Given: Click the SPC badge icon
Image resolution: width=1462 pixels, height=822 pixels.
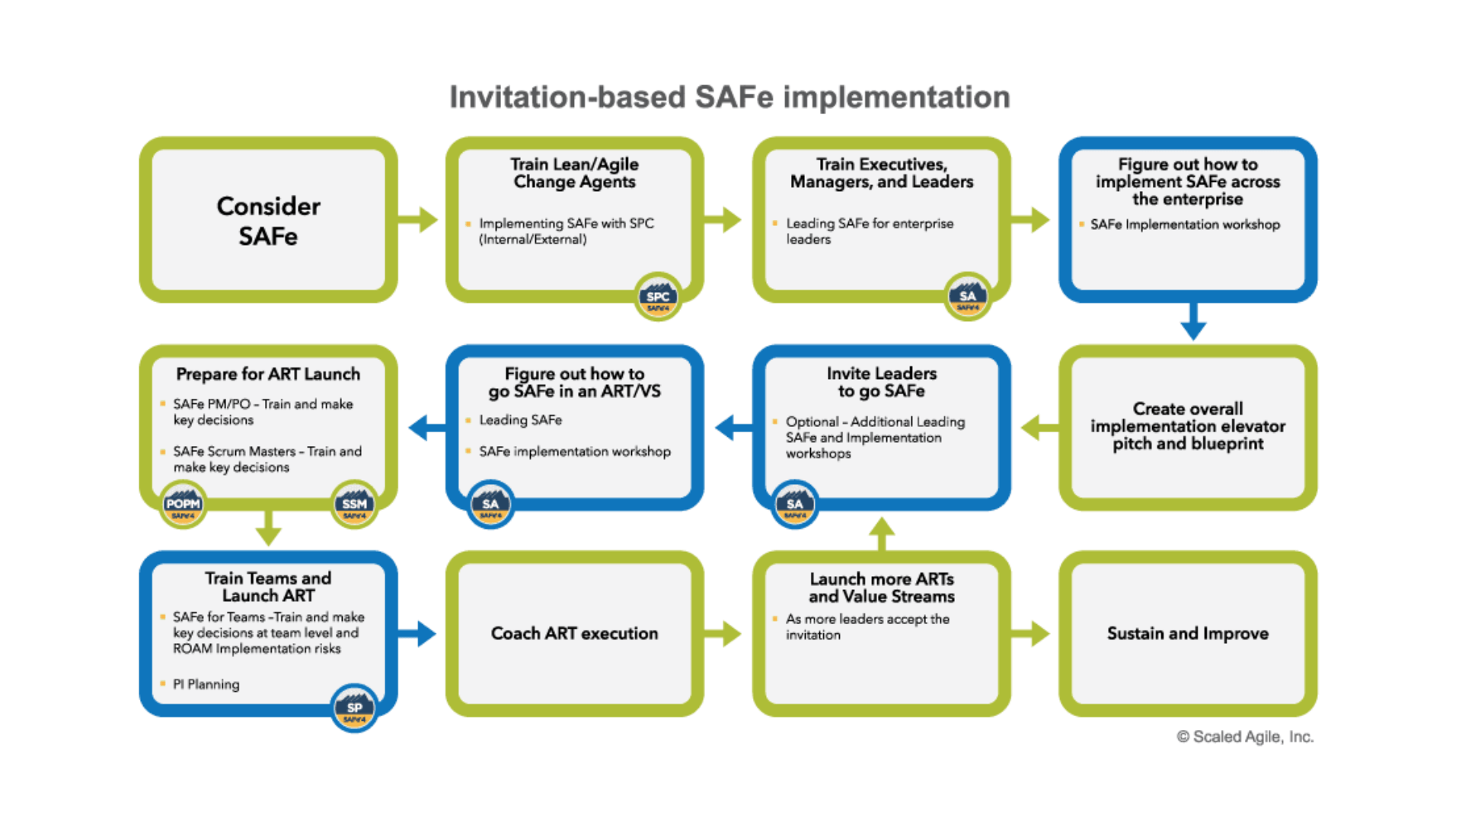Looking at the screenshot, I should pyautogui.click(x=658, y=298).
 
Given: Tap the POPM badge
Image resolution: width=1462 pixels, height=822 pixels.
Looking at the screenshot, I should pyautogui.click(x=183, y=505).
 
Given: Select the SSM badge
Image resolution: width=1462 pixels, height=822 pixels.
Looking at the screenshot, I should pyautogui.click(x=354, y=505).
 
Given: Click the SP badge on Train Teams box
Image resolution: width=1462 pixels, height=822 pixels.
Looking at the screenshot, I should pyautogui.click(x=354, y=709).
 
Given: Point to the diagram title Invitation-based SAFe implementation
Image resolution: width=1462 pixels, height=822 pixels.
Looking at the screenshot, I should pyautogui.click(x=729, y=97).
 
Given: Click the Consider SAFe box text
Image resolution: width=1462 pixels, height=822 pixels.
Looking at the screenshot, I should pyautogui.click(x=268, y=221).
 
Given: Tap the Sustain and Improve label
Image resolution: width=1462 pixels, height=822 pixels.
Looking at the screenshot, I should pyautogui.click(x=1187, y=633).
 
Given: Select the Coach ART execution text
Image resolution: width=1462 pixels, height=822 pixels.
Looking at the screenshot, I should pyautogui.click(x=574, y=633).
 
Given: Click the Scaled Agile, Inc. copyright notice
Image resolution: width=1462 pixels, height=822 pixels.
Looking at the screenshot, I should pyautogui.click(x=1245, y=737).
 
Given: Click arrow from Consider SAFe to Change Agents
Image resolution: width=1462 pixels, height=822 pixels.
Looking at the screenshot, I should pyautogui.click(x=419, y=220).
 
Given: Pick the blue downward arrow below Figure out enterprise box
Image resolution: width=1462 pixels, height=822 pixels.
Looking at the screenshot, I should pyautogui.click(x=1193, y=322).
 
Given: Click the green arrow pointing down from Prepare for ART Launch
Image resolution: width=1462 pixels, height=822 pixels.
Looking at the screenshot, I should pyautogui.click(x=268, y=527).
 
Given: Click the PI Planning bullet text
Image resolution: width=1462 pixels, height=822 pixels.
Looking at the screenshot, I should pyautogui.click(x=206, y=684).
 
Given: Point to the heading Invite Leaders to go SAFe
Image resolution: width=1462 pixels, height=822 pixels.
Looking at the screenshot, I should pyautogui.click(x=881, y=382).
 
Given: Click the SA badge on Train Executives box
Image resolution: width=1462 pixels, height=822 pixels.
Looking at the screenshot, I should pyautogui.click(x=967, y=298).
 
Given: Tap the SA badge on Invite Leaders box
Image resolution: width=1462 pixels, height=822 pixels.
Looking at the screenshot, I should pyautogui.click(x=794, y=505).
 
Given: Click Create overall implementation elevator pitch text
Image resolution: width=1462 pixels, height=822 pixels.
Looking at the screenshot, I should pyautogui.click(x=1187, y=426).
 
